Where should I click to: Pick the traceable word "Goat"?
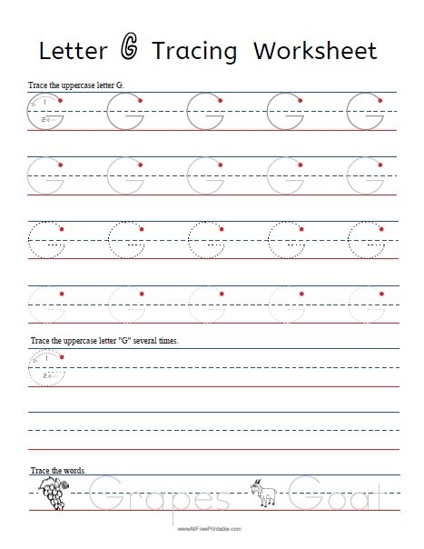click(x=340, y=498)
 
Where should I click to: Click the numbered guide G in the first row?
click(x=44, y=114)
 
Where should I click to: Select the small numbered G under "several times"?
click(x=44, y=368)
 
